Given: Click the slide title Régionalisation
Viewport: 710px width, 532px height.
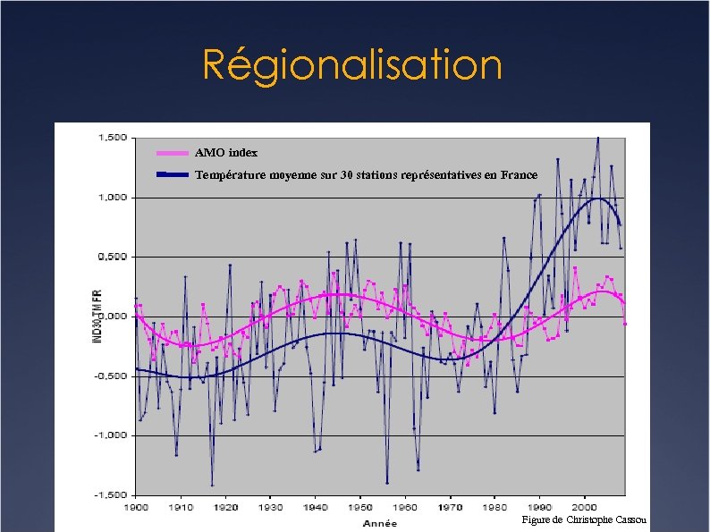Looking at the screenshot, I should tap(352, 64).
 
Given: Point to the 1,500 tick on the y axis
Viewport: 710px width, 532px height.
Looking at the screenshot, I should tap(111, 138).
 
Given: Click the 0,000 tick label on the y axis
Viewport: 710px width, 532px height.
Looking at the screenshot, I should tap(111, 317).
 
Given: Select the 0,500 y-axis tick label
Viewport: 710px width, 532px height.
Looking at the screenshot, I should tap(111, 257).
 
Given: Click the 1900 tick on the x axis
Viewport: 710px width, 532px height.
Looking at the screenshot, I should tap(136, 507).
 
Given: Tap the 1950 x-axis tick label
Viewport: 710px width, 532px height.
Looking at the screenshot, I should tap(360, 507).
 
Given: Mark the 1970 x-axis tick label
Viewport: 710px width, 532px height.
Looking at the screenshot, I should tap(450, 507).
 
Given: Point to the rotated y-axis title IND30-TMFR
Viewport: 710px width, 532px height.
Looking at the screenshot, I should tap(97, 315).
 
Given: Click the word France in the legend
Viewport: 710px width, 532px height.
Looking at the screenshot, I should tap(519, 174).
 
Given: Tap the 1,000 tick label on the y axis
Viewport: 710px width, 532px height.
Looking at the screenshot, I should tap(111, 198).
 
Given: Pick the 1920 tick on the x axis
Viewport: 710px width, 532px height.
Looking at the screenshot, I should tap(225, 507).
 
